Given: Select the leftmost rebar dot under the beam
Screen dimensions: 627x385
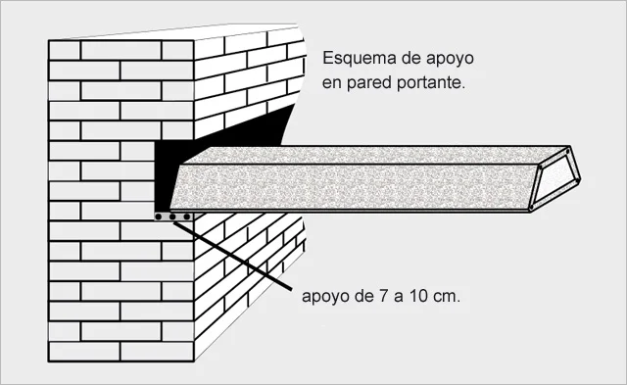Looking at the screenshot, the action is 160,216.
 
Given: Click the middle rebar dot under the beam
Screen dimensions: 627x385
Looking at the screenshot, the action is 173,216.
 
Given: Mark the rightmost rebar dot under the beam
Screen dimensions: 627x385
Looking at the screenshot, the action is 187,216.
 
